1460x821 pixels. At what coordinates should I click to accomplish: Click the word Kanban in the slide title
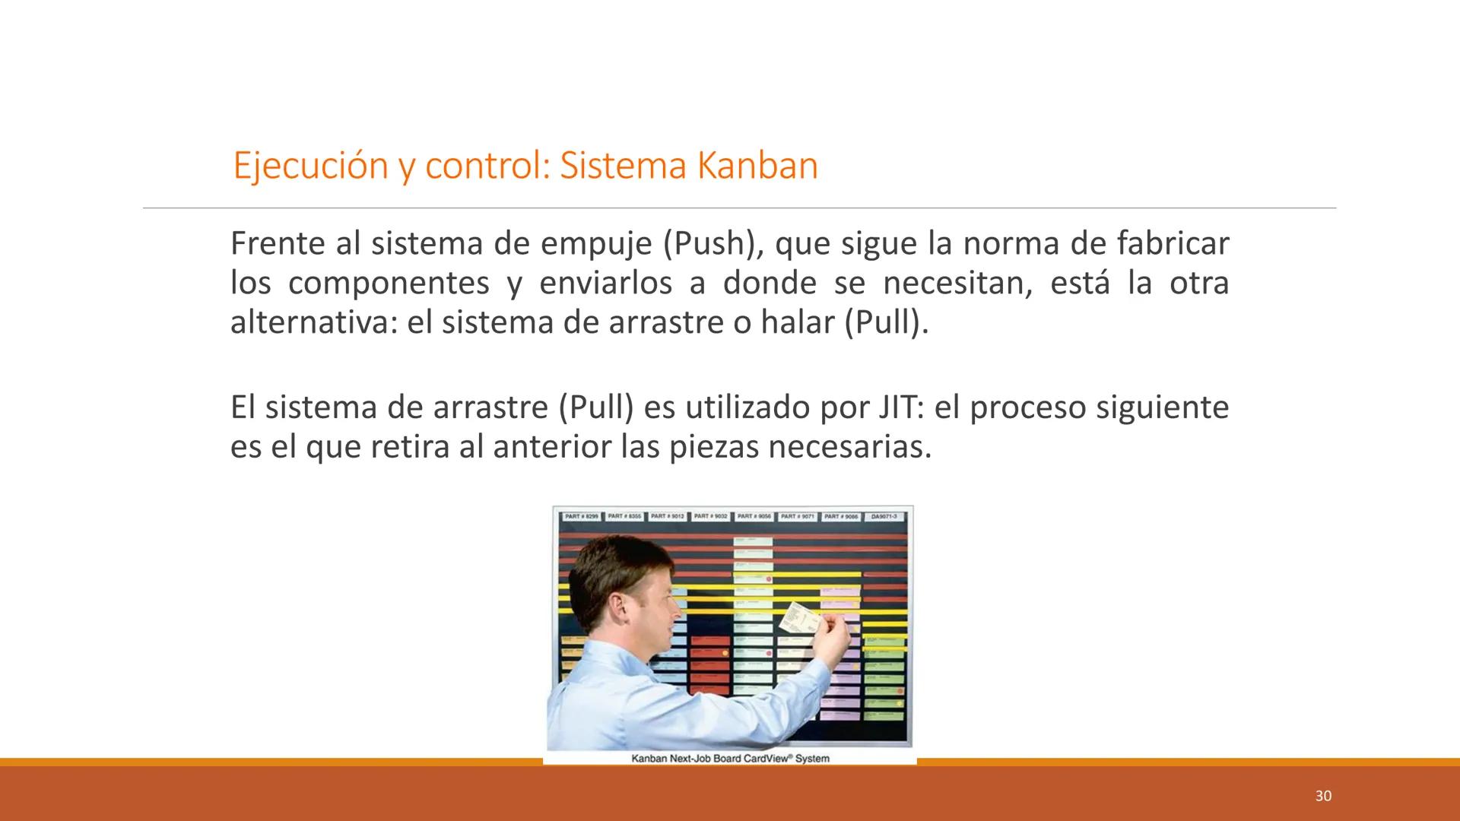coord(757,166)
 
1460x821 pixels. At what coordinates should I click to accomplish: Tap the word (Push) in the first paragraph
coord(709,244)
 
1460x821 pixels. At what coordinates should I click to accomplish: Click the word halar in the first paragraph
coord(798,323)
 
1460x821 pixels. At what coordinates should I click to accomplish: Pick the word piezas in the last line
coord(713,448)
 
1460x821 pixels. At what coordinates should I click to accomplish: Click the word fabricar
coord(1173,244)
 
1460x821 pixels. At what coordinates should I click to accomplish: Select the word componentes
coord(389,284)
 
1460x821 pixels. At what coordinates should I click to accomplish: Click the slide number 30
coord(1323,796)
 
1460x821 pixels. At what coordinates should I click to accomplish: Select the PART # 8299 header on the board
coord(582,517)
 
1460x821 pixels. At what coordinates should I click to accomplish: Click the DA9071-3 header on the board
coord(884,517)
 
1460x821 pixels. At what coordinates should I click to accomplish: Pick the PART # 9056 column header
coord(754,517)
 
